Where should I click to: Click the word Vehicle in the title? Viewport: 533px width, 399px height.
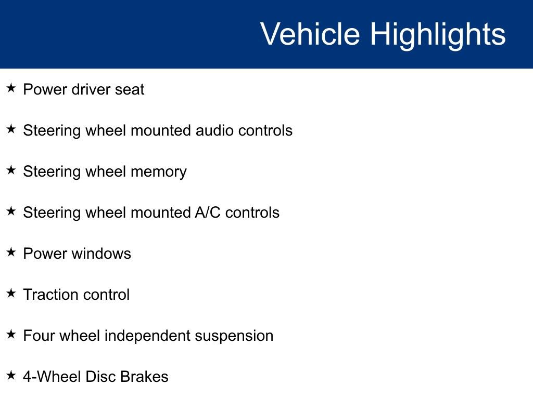[310, 34]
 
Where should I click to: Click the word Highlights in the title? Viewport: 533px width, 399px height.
[438, 34]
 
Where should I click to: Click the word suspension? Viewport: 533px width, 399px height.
[234, 336]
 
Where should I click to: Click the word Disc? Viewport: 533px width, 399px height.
[100, 377]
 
